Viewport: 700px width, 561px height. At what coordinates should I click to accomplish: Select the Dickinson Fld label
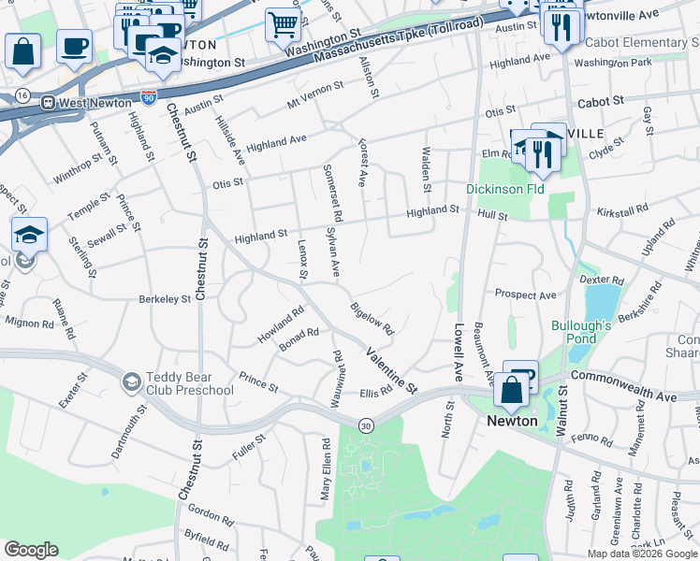(x=505, y=189)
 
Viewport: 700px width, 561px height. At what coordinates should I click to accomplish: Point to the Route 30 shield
(x=365, y=424)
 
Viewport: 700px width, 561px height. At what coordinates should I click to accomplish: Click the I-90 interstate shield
(x=149, y=97)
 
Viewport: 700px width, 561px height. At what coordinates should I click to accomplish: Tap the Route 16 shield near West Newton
(x=21, y=96)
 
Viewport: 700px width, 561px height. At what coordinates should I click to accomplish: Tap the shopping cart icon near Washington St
(x=282, y=24)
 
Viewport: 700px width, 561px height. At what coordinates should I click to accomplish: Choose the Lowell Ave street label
(x=459, y=352)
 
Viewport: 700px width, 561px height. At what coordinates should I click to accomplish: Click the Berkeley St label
(x=165, y=299)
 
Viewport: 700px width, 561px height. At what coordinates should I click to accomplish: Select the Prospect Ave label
(x=525, y=295)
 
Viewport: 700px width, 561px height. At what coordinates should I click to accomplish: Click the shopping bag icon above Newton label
(x=511, y=391)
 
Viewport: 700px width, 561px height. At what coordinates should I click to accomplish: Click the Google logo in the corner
(x=31, y=550)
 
